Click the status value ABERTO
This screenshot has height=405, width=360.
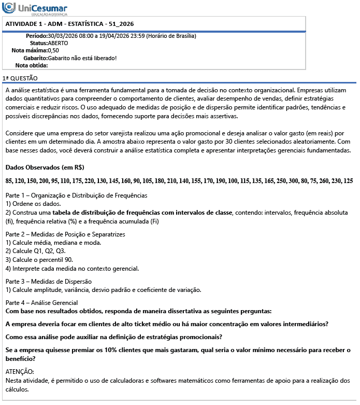pos(57,43)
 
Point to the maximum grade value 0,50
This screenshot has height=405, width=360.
pos(53,50)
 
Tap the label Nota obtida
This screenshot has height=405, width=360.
pos(31,65)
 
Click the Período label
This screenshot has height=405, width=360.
pos(36,36)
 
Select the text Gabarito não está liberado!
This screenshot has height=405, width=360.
pos(82,58)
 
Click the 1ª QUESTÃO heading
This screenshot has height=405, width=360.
pos(20,78)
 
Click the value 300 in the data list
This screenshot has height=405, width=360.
pos(294,181)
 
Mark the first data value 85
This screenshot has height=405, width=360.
pos(9,181)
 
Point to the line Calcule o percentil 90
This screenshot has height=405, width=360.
pos(39,259)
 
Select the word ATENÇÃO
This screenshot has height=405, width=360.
pos(19,372)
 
